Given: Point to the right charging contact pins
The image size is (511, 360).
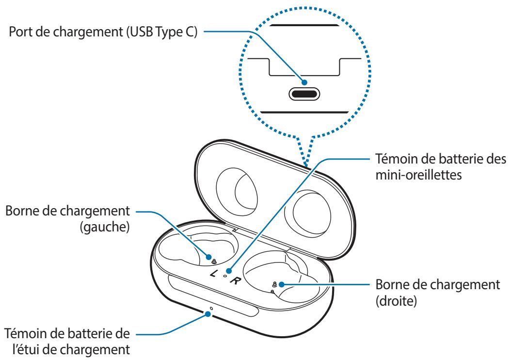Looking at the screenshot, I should [x=274, y=285].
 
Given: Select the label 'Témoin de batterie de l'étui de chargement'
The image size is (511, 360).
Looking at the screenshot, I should [x=68, y=341].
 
